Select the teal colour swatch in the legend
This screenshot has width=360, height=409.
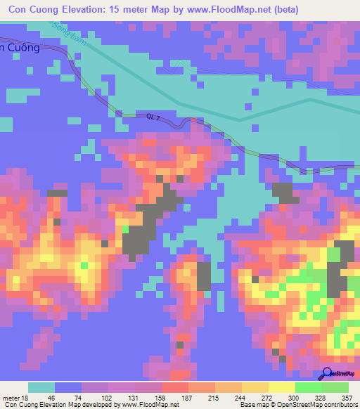click(x=41, y=388)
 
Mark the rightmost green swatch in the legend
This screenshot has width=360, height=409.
click(x=335, y=388)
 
